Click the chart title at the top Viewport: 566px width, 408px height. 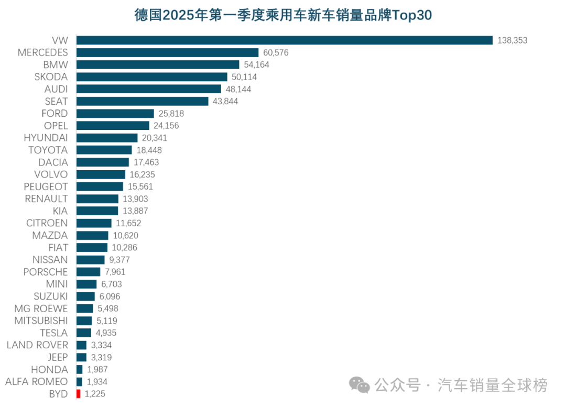coord(283,15)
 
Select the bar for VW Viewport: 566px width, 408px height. coord(285,40)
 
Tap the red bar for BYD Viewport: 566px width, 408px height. coord(79,394)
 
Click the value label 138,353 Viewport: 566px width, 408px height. coord(512,40)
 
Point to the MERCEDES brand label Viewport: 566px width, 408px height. coord(42,52)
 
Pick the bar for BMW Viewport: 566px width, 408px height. coord(158,64)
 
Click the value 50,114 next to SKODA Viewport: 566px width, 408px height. coord(244,77)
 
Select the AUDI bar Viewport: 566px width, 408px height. coord(149,89)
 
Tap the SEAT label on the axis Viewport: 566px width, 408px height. coord(56,101)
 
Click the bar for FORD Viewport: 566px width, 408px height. coord(115,113)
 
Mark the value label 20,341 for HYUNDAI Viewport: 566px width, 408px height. coord(155,138)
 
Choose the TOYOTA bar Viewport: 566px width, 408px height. coord(104,150)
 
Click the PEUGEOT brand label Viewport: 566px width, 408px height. coord(46,186)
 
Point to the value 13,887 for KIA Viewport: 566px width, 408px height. coord(135,211)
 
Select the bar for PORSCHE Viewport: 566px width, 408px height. coord(88,272)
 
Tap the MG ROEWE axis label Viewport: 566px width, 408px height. coord(41,308)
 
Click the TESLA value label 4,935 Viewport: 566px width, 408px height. coord(106,333)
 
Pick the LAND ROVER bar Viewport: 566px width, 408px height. coord(81,345)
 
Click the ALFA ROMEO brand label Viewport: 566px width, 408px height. coord(36,381)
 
